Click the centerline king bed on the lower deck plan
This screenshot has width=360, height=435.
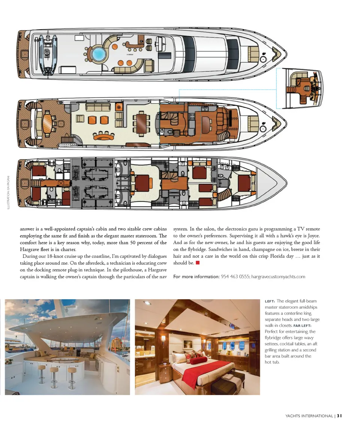click(x=142, y=183)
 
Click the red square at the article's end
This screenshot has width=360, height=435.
click(x=197, y=263)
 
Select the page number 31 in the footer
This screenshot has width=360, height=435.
click(x=339, y=415)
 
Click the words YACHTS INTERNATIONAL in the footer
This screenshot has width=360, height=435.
click(x=309, y=415)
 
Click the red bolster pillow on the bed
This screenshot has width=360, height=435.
click(x=198, y=361)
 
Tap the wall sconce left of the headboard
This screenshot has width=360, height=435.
click(x=163, y=339)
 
